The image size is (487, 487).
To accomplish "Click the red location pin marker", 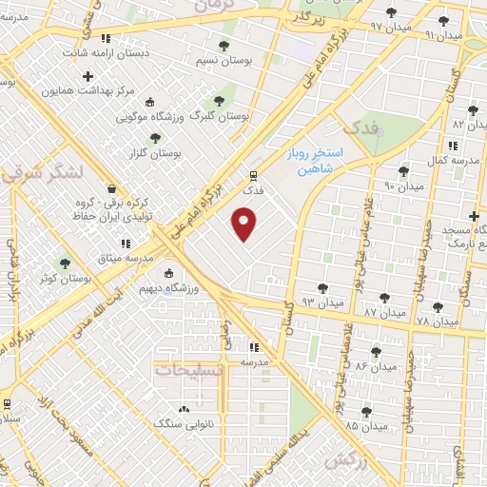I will (244, 225).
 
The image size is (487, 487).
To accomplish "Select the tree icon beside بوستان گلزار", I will (155, 139).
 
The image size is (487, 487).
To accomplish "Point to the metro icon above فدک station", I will (252, 175).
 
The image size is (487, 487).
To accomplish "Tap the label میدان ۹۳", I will (321, 301).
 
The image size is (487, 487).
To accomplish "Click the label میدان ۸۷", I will (383, 311).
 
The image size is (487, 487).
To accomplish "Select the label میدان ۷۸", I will (436, 322).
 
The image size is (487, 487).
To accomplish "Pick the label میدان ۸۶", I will (375, 365).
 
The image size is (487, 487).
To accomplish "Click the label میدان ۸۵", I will (366, 426).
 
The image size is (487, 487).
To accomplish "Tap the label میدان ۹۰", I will (403, 185).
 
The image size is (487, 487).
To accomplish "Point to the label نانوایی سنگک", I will (184, 422).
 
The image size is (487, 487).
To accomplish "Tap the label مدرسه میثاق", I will (127, 258).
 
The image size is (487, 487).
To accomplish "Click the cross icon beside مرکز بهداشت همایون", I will (88, 76).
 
